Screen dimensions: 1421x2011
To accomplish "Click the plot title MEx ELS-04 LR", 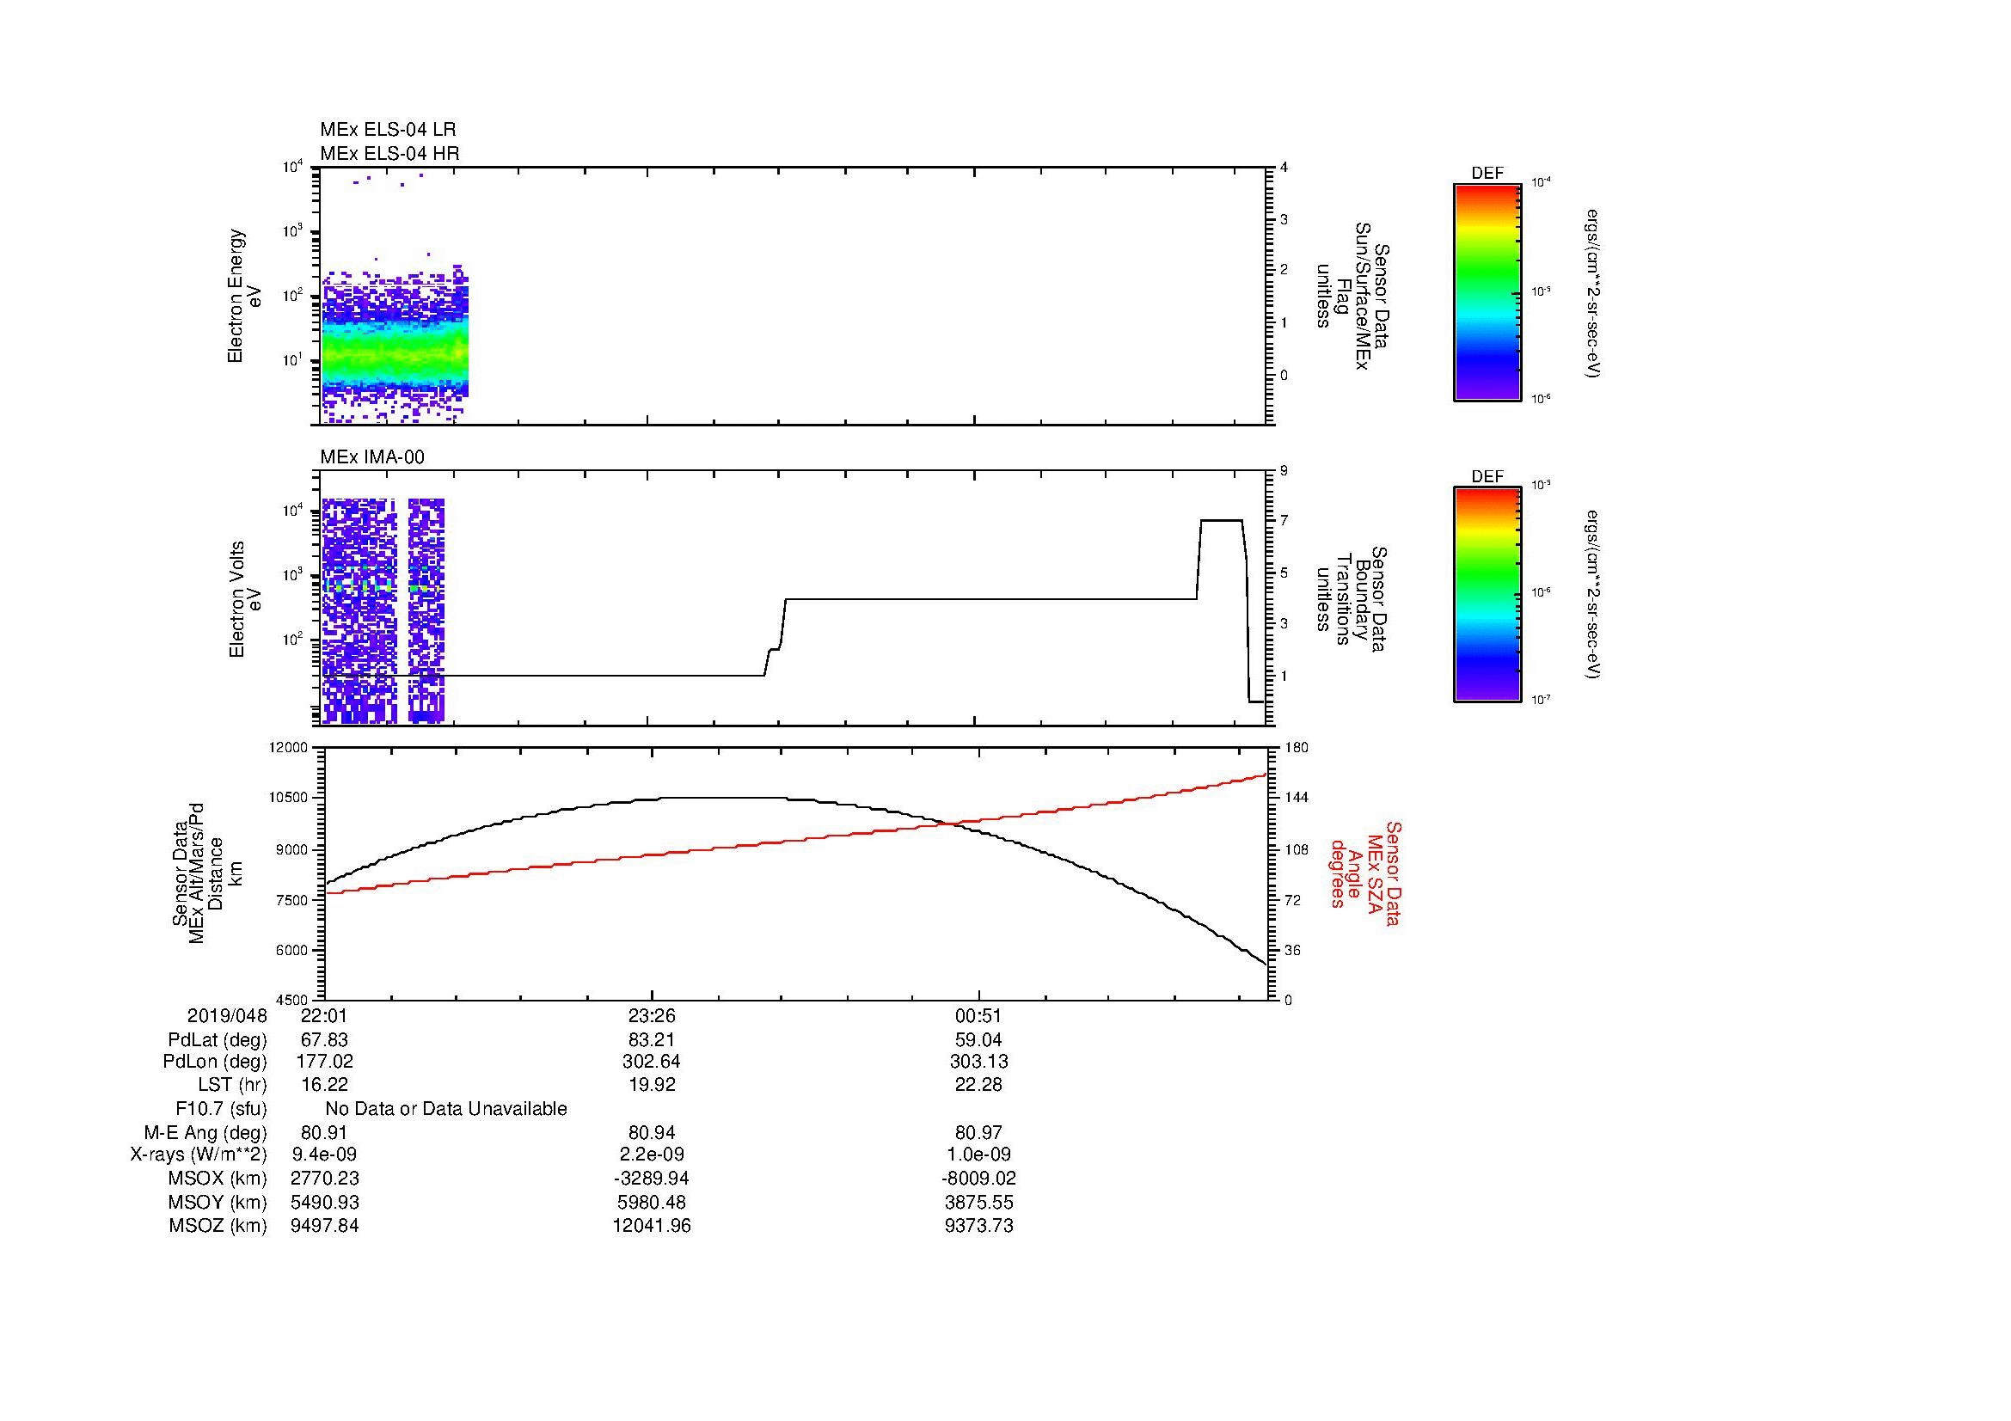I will [x=388, y=130].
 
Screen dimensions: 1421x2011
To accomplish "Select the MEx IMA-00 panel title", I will [x=372, y=457].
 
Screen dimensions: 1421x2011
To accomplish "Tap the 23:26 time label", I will [x=652, y=1015].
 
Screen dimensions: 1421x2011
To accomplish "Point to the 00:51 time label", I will [x=978, y=1015].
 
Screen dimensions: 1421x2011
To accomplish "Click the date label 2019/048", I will [x=227, y=1015].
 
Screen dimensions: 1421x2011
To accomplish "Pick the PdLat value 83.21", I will [x=652, y=1040].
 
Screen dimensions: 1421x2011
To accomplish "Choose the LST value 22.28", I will [x=978, y=1085].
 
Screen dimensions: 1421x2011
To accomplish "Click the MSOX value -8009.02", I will [x=978, y=1179].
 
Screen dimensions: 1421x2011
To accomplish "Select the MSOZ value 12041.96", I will [x=652, y=1226].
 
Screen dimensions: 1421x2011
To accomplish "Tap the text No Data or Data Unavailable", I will [x=446, y=1109].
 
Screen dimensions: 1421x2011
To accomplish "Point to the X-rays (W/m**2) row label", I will [x=198, y=1155].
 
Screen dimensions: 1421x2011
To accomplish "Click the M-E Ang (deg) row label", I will [x=205, y=1132].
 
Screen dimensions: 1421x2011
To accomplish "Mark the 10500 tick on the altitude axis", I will [x=290, y=798].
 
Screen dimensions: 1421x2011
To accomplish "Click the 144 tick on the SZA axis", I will [x=1296, y=798].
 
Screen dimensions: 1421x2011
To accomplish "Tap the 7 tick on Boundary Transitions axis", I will [x=1284, y=521].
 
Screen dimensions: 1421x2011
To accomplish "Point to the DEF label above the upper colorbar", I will [x=1487, y=174].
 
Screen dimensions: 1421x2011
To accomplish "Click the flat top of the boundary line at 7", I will [x=1221, y=521].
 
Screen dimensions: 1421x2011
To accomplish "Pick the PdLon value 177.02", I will [x=324, y=1062].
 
